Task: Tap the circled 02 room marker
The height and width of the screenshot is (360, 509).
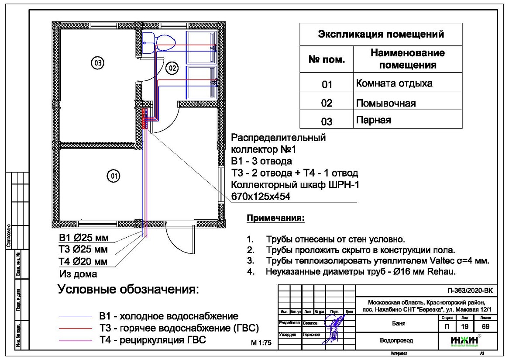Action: (x=172, y=68)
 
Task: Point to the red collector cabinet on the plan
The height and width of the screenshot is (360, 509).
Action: (x=145, y=119)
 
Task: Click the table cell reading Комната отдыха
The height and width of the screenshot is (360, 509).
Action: (x=394, y=83)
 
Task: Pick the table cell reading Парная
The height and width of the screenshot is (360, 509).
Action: (x=370, y=119)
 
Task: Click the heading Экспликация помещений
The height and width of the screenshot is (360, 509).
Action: (x=381, y=34)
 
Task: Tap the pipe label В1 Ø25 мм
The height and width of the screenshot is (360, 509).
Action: (x=83, y=239)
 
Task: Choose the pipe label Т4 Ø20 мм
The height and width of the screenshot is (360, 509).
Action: (x=83, y=262)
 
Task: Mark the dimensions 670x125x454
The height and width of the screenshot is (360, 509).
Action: (x=261, y=197)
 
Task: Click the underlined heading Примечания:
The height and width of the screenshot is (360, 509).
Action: (x=275, y=218)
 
